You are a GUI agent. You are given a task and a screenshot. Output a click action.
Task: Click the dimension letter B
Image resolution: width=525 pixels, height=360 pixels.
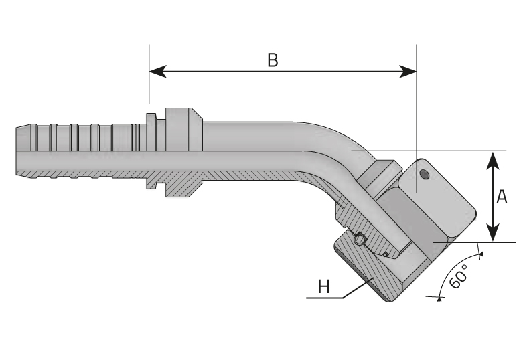[273, 60]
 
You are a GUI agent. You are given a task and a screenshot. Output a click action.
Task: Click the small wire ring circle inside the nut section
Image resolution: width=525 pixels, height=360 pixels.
[360, 239]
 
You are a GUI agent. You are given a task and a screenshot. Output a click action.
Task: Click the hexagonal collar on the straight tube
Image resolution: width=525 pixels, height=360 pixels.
[181, 128]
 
